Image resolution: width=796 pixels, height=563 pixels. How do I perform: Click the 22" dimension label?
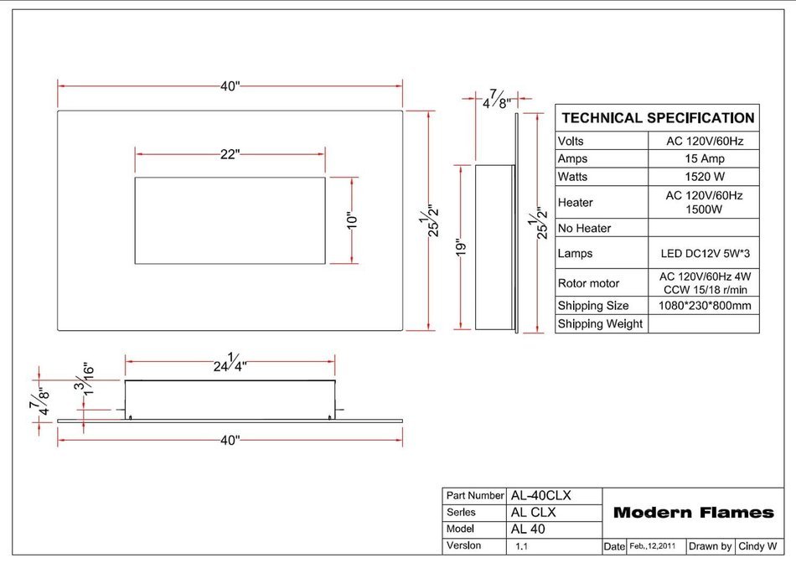(230, 154)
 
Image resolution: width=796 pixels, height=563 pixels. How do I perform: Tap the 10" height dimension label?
(352, 220)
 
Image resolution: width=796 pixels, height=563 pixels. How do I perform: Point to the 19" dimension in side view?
(461, 247)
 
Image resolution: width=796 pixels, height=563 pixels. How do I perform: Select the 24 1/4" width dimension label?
(230, 363)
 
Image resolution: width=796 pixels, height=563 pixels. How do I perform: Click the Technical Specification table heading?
(658, 118)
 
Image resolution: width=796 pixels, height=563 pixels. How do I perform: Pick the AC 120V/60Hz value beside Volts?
(705, 141)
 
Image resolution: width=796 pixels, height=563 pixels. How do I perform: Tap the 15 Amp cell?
(705, 158)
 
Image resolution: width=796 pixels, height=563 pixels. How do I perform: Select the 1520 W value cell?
(705, 177)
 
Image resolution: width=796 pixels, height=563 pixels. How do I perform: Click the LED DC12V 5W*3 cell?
(705, 253)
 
